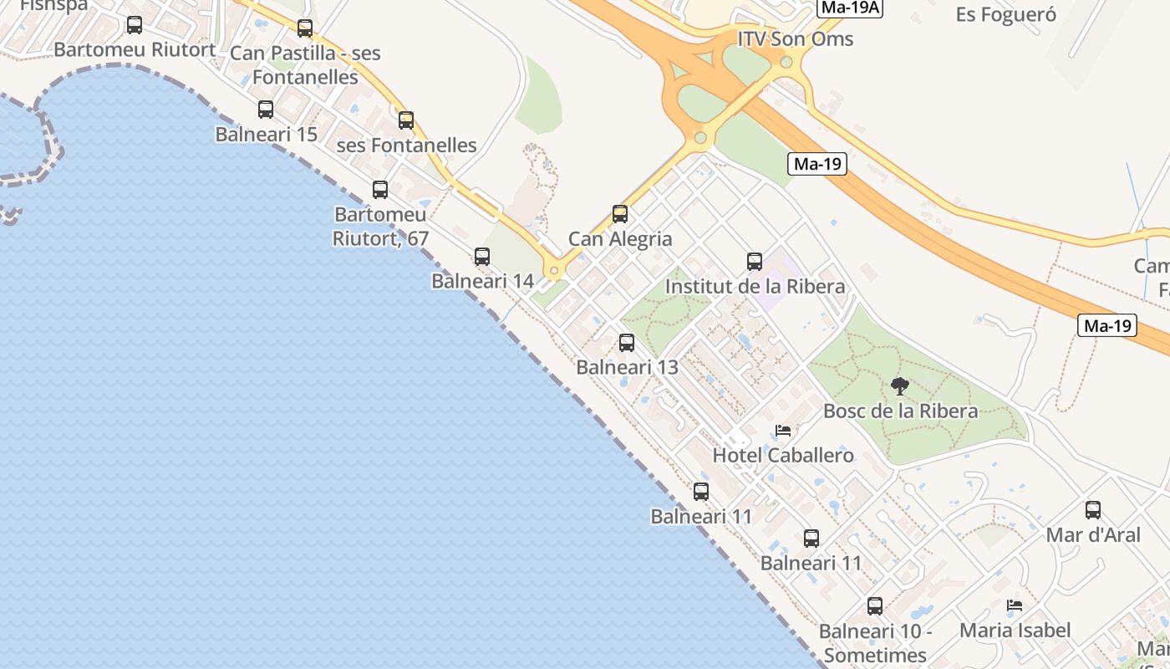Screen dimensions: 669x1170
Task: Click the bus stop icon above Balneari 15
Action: coord(266,110)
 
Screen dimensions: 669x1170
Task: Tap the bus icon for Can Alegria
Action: coord(620,214)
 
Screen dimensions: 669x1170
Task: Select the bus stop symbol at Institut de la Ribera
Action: coord(755,262)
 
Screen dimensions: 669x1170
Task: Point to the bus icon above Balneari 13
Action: coord(627,343)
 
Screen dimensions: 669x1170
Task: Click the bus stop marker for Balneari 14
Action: coord(482,257)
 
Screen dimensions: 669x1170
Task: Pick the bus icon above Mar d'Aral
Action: coord(1093,510)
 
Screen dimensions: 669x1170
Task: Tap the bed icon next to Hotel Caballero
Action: coord(783,431)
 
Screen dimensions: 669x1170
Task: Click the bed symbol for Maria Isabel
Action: coord(1015,605)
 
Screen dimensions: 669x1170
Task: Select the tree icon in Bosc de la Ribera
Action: coord(900,386)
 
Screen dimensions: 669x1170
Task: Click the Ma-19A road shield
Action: coord(850,8)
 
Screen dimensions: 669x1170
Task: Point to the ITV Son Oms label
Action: coord(796,39)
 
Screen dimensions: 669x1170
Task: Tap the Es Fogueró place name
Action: coord(1006,14)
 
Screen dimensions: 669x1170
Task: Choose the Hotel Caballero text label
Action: coord(783,456)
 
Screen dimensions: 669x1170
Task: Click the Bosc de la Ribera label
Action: coord(900,411)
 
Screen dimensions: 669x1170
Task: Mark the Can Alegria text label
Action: coord(620,239)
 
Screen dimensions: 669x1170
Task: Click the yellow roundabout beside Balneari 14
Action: coord(553,270)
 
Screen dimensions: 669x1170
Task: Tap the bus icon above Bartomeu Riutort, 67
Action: coord(380,190)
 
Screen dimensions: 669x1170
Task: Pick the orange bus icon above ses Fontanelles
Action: coord(406,120)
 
